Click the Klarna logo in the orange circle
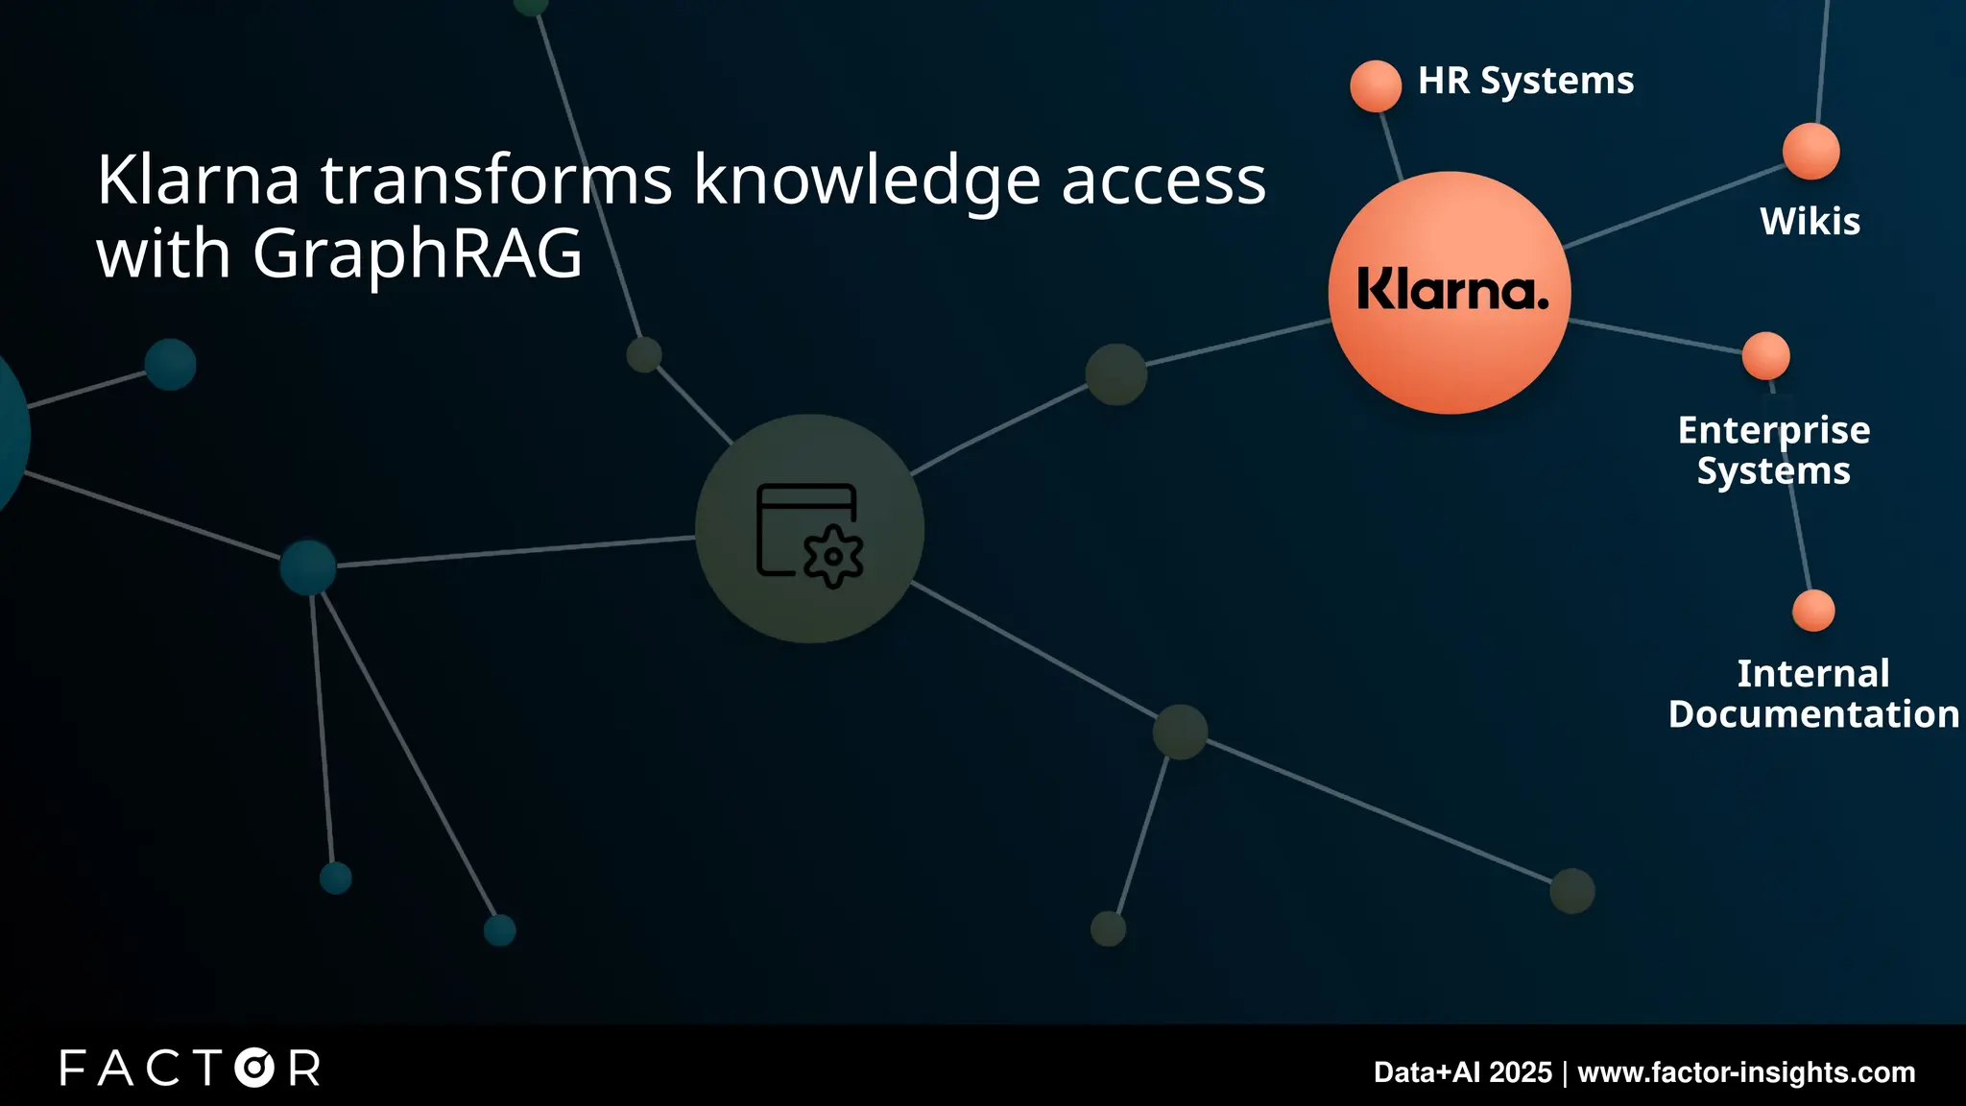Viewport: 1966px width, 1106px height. [1452, 290]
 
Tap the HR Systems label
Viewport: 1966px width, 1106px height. [1525, 82]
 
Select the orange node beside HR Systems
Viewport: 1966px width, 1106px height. [1376, 86]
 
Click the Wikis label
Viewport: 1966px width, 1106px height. [1810, 222]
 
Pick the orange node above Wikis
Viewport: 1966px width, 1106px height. [1810, 152]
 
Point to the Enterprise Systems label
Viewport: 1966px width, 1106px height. [1774, 450]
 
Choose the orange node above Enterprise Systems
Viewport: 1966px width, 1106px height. [1765, 356]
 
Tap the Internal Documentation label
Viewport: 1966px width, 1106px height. [1812, 694]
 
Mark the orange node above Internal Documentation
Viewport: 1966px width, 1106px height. [1813, 611]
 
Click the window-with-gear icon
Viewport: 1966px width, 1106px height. [809, 534]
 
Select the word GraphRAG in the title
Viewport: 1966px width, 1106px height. [418, 254]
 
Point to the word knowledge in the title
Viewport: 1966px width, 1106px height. [867, 182]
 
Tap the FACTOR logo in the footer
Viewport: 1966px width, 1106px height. [190, 1069]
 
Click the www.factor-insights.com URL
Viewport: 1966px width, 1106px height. [1746, 1072]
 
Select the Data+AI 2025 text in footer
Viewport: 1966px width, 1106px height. [1462, 1072]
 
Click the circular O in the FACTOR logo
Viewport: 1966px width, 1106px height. [254, 1069]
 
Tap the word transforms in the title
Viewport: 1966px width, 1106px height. [496, 180]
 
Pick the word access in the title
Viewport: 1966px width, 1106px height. [1163, 182]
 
